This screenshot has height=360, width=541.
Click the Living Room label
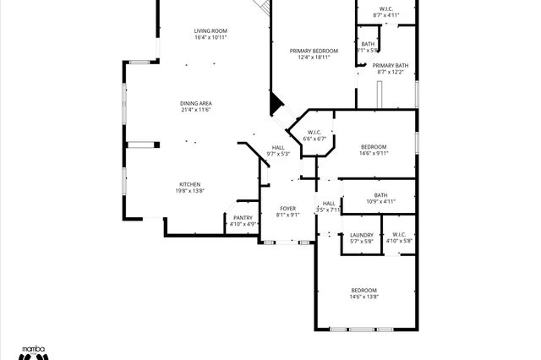coord(210,31)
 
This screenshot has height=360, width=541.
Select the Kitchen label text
coord(189,184)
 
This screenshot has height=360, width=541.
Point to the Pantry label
coord(243,218)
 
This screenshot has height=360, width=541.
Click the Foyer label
coord(287,208)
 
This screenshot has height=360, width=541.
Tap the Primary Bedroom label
coord(313,51)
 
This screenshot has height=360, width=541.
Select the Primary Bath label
coord(390,65)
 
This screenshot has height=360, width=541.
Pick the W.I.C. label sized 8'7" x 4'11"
coord(385,9)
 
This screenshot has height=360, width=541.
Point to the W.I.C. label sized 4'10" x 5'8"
coord(399,235)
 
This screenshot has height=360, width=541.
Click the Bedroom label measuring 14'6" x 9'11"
coord(373,147)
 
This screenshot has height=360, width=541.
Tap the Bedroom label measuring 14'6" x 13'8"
coord(364,290)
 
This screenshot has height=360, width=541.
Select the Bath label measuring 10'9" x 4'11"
coord(380,195)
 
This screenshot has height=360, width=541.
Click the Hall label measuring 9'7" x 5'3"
coord(278,148)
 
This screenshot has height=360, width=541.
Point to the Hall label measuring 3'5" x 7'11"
coord(328,204)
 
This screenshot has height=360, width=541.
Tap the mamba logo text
coord(32,347)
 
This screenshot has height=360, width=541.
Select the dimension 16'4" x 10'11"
coord(210,38)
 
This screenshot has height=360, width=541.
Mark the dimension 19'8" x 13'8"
coord(189,191)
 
